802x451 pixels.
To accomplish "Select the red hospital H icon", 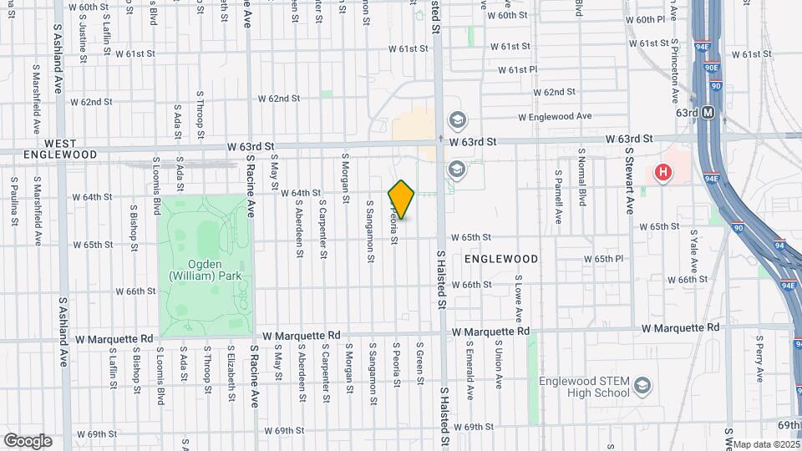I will pyautogui.click(x=663, y=173).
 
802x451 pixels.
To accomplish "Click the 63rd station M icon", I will pyautogui.click(x=708, y=112).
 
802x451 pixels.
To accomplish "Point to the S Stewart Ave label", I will pyautogui.click(x=629, y=185).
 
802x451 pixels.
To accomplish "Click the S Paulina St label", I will pyautogui.click(x=14, y=202).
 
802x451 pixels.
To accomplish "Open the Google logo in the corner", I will pyautogui.click(x=28, y=440).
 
